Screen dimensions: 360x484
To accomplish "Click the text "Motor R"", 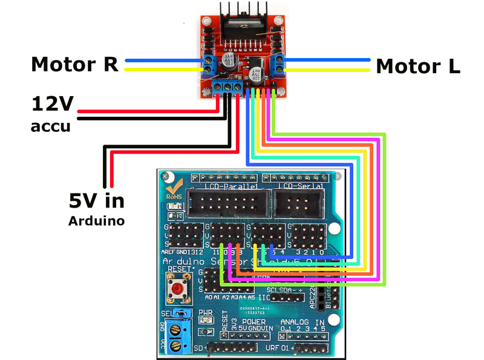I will click(74, 64).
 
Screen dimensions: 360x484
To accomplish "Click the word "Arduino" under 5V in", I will click(96, 221).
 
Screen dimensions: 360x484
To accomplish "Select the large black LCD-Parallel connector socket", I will click(225, 204).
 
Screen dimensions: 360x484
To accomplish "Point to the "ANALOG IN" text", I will click(302, 321).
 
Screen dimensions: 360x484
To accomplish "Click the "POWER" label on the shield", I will click(253, 321).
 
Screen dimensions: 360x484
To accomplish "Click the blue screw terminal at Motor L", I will click(278, 63).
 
